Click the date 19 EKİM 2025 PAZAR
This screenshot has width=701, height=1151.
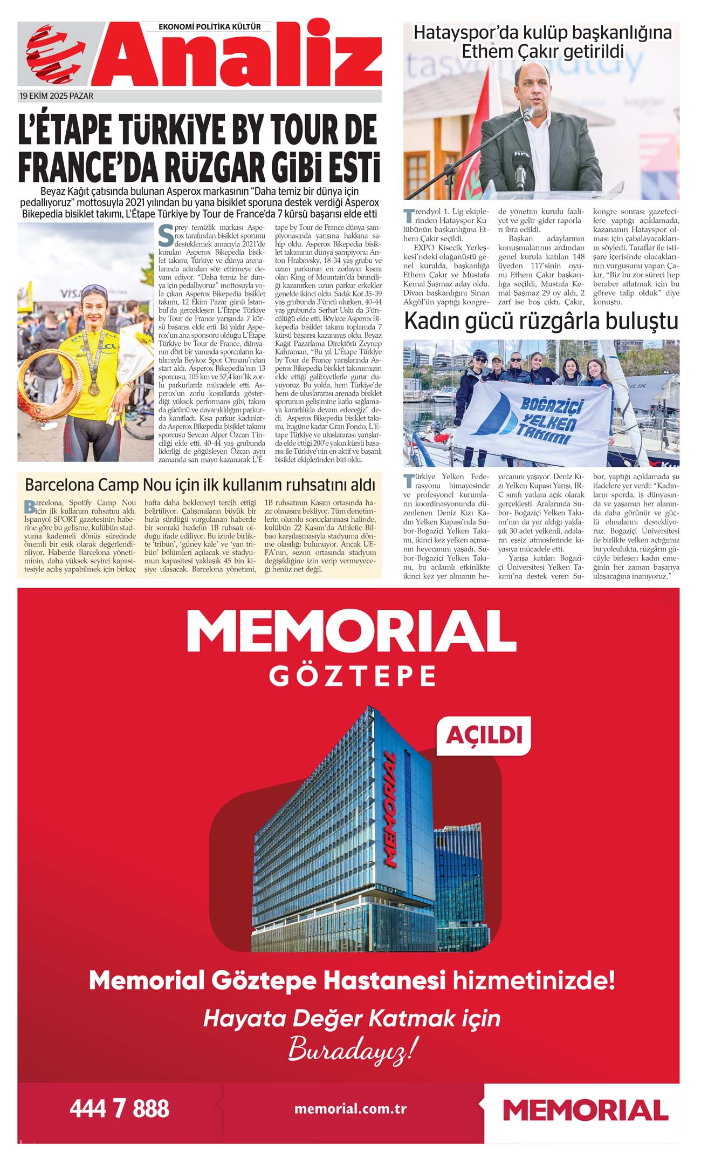pyautogui.click(x=56, y=96)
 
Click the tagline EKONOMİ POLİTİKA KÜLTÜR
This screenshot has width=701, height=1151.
pyautogui.click(x=210, y=26)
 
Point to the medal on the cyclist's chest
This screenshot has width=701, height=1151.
pyautogui.click(x=94, y=387)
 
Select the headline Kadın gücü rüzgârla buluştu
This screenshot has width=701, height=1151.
pyautogui.click(x=541, y=322)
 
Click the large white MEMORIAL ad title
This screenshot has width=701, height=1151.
pyautogui.click(x=351, y=632)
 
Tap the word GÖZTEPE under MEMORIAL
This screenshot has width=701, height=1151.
pyautogui.click(x=353, y=676)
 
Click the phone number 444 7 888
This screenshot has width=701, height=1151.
pyautogui.click(x=119, y=1109)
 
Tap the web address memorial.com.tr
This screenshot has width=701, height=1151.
pyautogui.click(x=350, y=1109)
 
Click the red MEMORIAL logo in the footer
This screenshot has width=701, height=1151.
pyautogui.click(x=585, y=1111)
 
